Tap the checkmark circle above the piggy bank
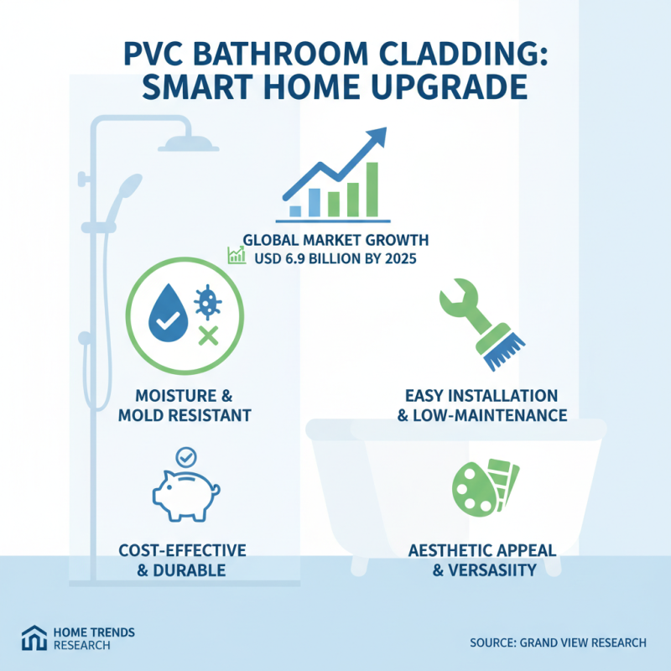(182, 456)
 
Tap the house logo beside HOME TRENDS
(35, 638)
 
